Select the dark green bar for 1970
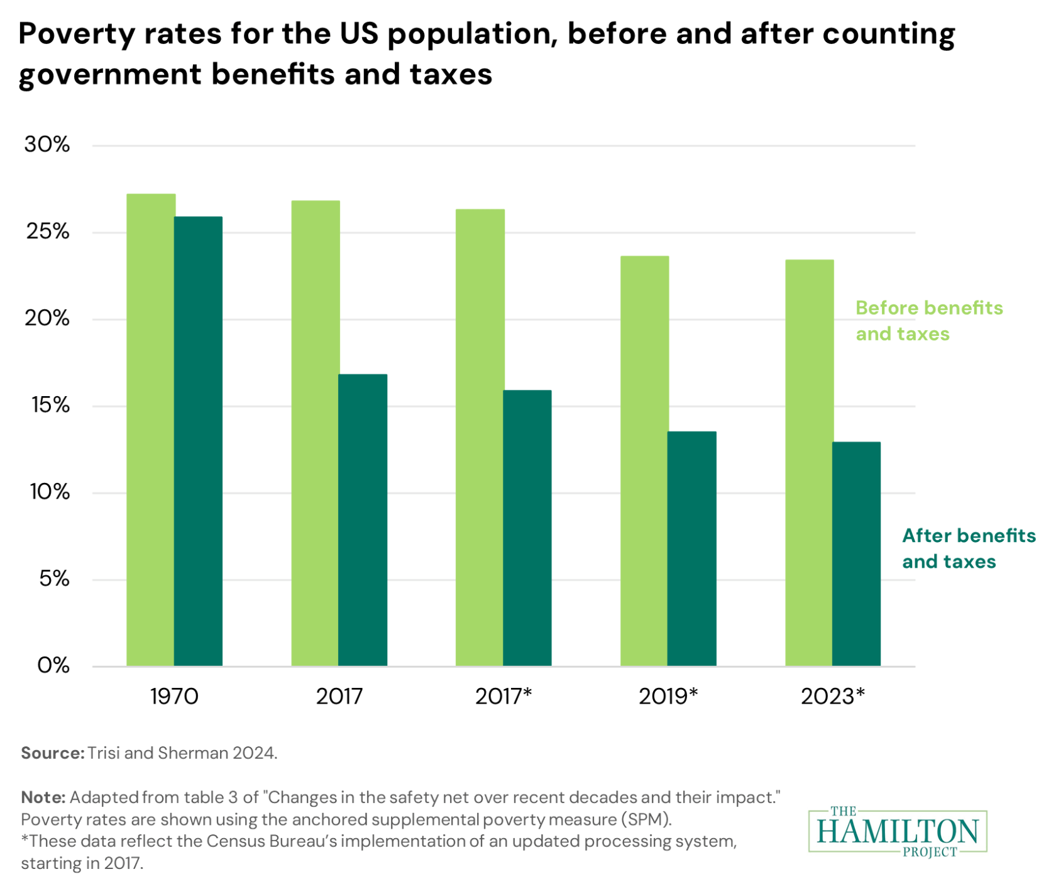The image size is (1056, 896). point(199,441)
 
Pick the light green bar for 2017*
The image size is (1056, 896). point(480,437)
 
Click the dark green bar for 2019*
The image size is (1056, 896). point(692,548)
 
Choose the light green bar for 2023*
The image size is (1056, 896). point(809,462)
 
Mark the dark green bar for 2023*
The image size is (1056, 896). point(857,553)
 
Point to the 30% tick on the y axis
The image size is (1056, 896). point(47,145)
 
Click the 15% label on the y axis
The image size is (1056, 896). point(50,406)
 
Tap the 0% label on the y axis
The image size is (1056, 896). point(53,665)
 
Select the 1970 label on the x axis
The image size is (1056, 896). point(174,697)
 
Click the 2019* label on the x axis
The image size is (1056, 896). point(668,697)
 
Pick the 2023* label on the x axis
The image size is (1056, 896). point(833,697)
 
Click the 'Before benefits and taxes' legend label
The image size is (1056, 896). point(928,321)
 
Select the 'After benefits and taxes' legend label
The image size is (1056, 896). point(968,548)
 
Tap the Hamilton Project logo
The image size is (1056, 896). point(898,831)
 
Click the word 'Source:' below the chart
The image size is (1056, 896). point(52,753)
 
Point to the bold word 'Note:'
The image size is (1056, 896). point(43,797)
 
